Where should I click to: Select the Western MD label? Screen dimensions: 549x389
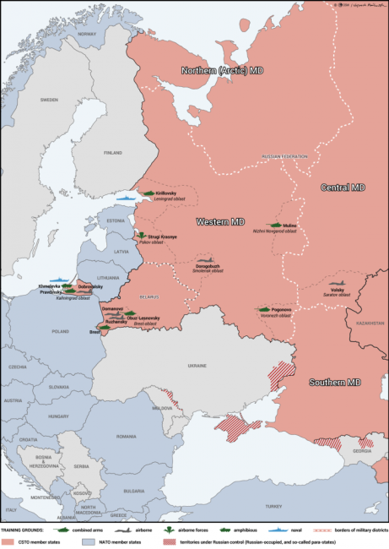click(220, 221)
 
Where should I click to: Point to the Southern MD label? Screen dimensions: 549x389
click(334, 382)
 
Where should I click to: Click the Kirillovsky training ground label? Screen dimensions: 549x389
click(166, 193)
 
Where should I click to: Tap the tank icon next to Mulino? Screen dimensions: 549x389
click(273, 226)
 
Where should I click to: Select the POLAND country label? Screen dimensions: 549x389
click(61, 332)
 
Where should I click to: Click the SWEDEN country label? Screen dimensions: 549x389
click(49, 99)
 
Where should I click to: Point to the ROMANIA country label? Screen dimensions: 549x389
click(127, 436)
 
